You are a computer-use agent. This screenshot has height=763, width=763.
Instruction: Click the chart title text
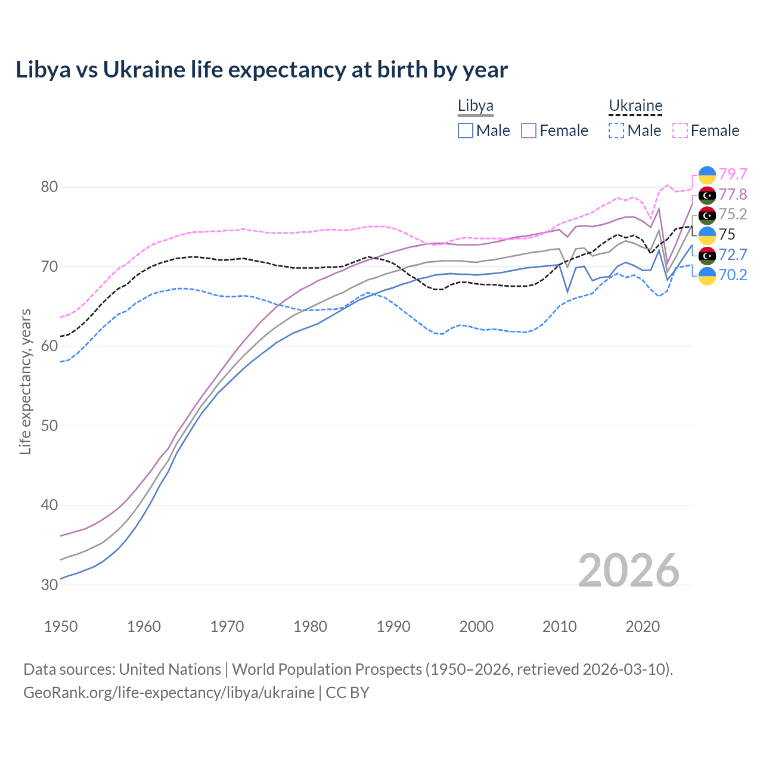point(262,70)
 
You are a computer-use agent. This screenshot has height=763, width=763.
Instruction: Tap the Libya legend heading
point(475,106)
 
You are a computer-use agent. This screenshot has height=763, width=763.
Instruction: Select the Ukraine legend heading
point(635,106)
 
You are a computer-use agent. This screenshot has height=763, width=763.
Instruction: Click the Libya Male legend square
point(466,131)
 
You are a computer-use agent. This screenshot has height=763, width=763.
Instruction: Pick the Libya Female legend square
point(529,131)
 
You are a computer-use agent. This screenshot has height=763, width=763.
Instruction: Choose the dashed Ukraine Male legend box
point(617,131)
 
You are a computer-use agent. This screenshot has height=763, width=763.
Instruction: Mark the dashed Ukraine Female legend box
point(680,131)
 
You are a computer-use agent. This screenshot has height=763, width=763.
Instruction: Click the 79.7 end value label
point(733,174)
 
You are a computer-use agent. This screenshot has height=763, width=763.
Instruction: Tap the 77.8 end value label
point(733,194)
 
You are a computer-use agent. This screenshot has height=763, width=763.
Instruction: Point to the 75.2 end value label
point(733,214)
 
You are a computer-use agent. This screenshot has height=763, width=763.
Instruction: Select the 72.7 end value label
point(733,255)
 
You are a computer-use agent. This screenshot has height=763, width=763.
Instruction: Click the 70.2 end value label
point(733,275)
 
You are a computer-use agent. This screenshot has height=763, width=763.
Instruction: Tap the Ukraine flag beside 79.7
point(707,175)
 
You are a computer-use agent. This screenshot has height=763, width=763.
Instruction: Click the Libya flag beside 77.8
point(707,195)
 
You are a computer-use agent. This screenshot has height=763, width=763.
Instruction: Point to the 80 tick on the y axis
point(49,187)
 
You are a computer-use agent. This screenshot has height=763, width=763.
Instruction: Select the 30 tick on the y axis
point(49,585)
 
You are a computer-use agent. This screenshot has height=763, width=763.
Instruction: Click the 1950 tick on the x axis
point(61,626)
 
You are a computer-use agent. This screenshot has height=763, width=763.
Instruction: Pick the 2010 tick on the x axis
point(559,626)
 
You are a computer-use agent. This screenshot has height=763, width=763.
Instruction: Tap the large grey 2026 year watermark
point(628,570)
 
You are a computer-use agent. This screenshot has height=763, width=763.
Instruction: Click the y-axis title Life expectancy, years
point(26,381)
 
